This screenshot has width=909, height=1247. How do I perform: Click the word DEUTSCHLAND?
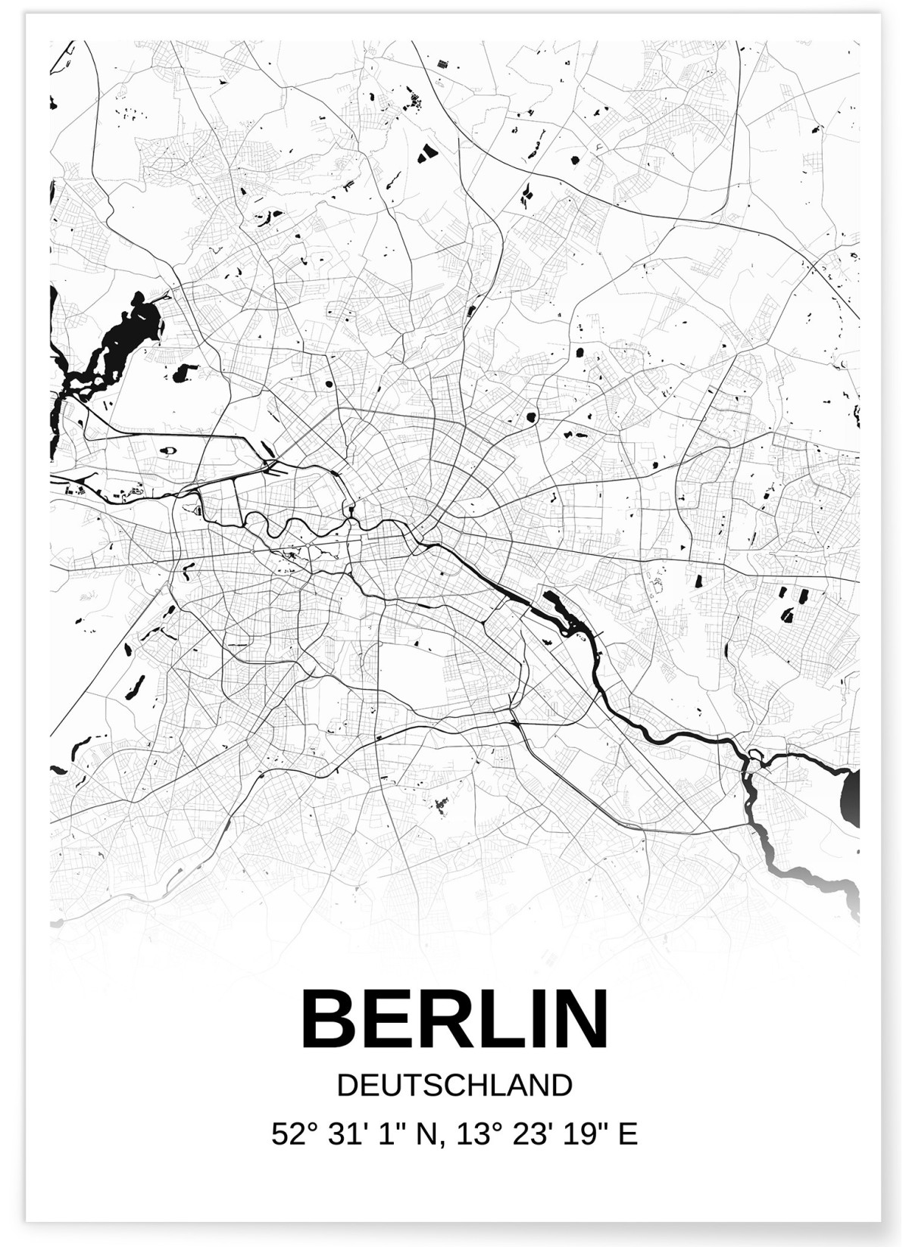click(x=454, y=1086)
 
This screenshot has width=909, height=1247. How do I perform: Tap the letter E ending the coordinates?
click(x=628, y=1134)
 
